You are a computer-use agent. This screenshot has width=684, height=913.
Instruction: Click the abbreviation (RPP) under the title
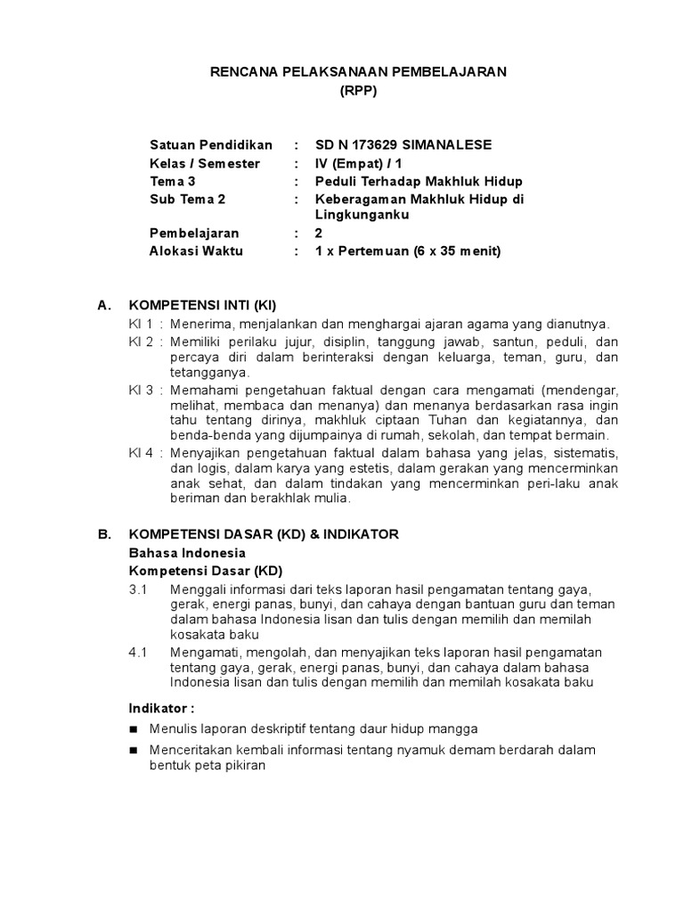358,91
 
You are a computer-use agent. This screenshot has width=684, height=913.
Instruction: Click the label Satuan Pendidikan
211,145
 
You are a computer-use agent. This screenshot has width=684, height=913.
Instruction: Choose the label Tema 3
173,181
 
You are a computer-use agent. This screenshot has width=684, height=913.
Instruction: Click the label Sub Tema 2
188,199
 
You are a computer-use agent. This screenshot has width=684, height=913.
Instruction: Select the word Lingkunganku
362,215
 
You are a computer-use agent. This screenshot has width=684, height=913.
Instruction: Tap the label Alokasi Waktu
196,251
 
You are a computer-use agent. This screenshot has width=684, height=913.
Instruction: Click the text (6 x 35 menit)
457,251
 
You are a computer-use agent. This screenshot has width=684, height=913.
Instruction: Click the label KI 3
141,391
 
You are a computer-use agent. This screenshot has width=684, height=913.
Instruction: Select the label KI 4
141,453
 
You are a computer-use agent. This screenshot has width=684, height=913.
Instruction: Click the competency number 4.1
137,652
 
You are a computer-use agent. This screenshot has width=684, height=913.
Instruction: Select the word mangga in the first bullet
459,728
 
